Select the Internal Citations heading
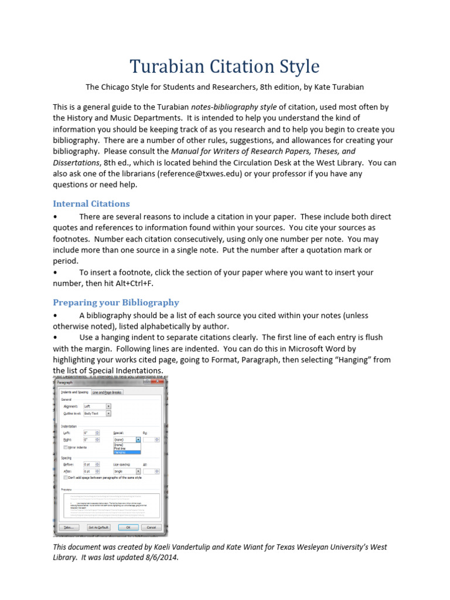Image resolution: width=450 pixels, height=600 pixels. (91, 203)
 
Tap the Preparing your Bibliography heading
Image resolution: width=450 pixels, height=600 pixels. (116, 302)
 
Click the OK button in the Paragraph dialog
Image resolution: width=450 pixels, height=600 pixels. (128, 527)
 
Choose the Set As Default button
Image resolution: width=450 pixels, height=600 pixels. (100, 527)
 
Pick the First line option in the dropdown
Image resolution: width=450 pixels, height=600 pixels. (120, 448)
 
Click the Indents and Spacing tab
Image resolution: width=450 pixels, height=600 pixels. (75, 393)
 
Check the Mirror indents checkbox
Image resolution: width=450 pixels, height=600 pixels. (65, 447)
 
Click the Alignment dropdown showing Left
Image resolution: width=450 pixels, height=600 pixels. (97, 405)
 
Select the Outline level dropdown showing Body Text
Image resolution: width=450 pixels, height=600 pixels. (97, 413)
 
